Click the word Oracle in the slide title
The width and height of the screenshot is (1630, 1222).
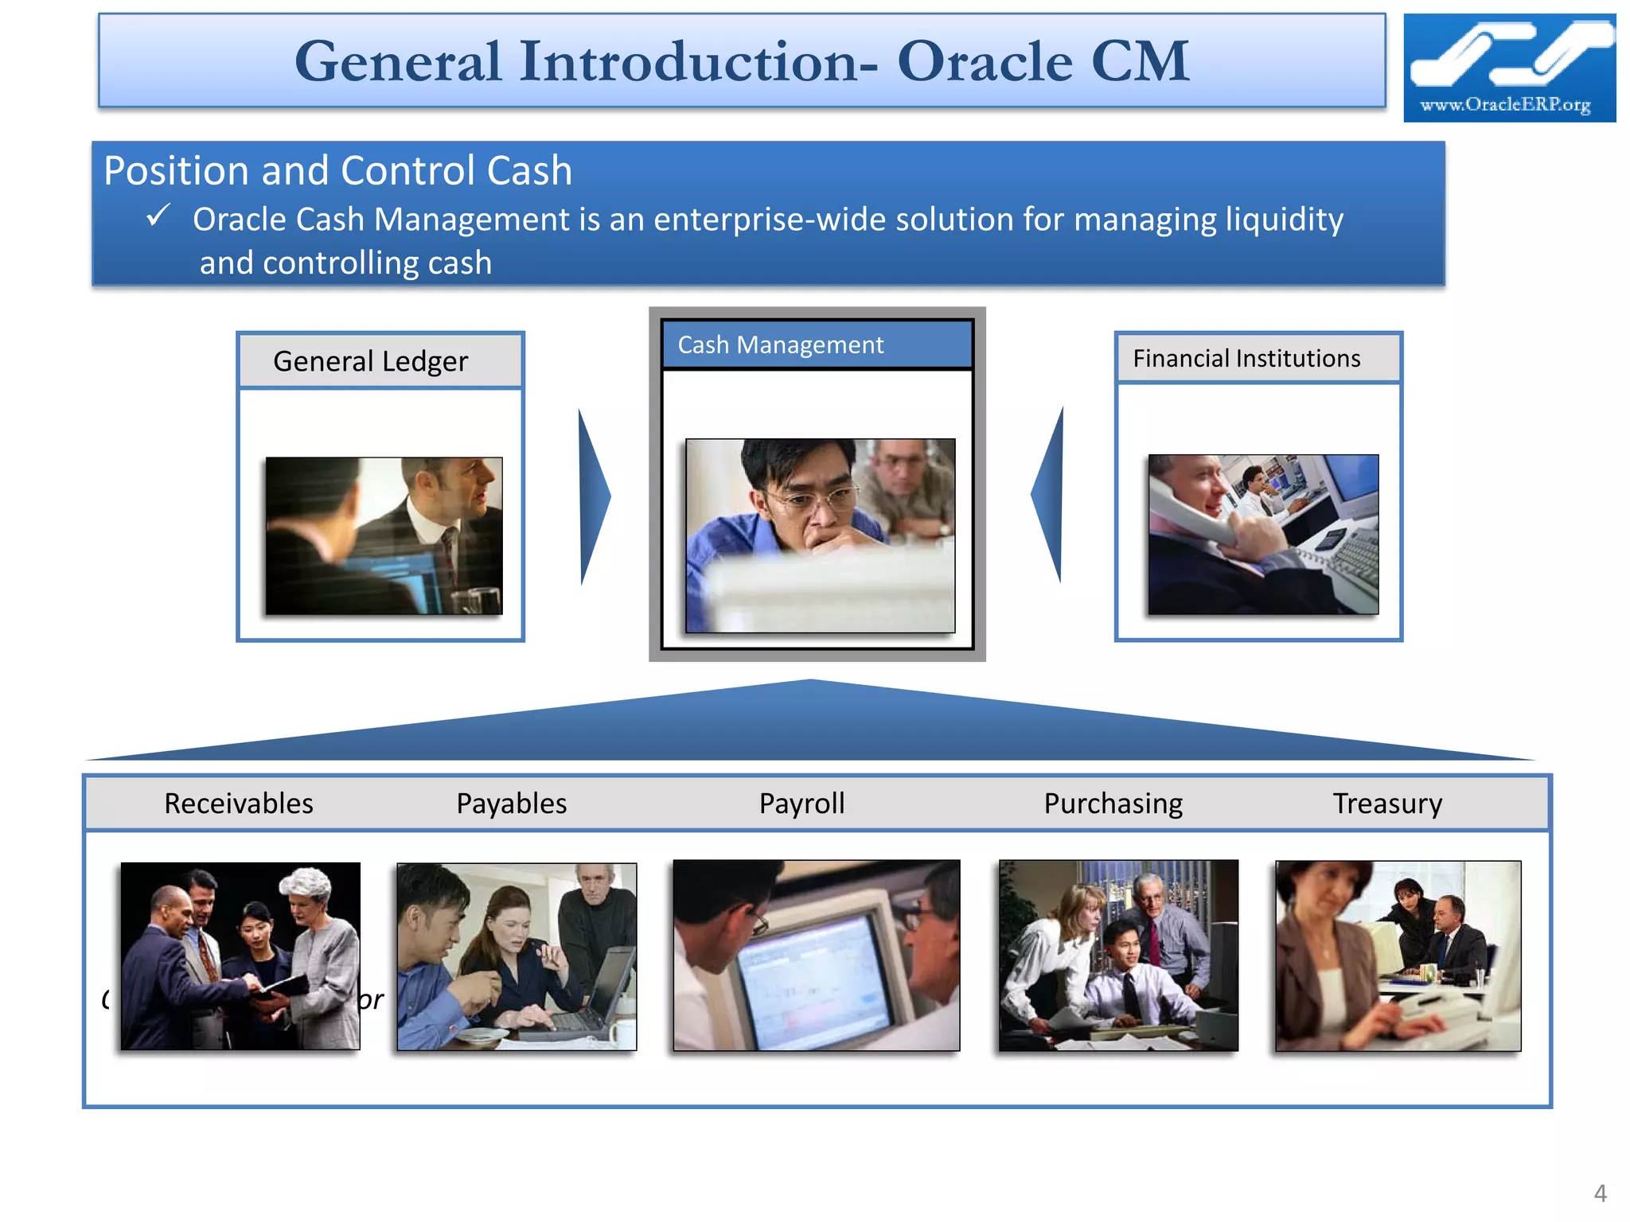(985, 61)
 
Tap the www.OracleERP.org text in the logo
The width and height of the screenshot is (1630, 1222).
(1505, 104)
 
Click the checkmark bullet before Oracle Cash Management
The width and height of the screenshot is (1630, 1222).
(158, 215)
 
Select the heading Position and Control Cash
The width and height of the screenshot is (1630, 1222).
(337, 170)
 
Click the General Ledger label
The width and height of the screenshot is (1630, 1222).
(370, 361)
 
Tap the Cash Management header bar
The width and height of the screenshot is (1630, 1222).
(817, 344)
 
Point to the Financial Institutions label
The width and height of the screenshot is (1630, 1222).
(1246, 358)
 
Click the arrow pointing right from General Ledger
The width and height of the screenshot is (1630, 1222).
(594, 496)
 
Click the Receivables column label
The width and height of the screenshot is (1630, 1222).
(238, 804)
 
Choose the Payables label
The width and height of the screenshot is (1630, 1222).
(511, 804)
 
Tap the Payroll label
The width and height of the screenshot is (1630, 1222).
(801, 804)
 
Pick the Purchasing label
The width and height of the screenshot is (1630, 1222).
(1113, 804)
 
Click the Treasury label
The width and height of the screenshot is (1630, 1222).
(1387, 804)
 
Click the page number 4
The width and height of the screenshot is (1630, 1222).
(1600, 1193)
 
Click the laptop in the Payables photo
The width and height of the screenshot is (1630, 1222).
(593, 994)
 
